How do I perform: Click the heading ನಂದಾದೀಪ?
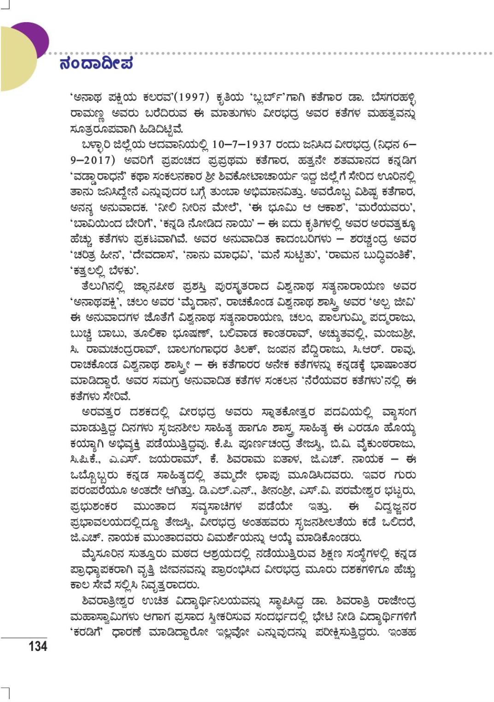pos(96,64)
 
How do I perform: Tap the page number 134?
pos(38,646)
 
